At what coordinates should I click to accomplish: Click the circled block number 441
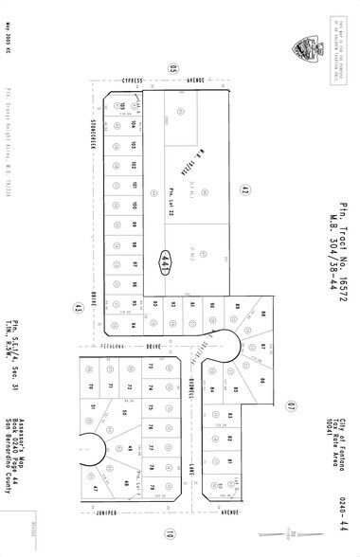(168, 257)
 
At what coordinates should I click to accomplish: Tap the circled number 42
(243, 190)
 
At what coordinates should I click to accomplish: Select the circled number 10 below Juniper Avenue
(170, 531)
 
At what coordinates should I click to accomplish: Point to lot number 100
(135, 205)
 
